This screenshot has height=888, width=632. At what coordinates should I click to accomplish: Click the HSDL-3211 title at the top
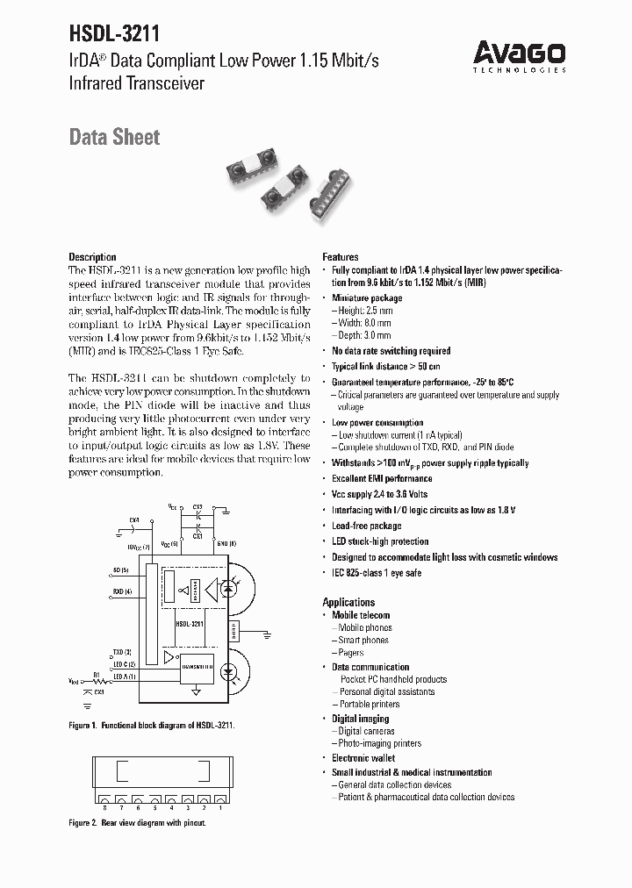click(x=114, y=34)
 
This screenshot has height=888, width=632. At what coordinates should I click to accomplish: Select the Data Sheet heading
click(x=114, y=137)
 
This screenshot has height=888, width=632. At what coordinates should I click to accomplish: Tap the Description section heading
click(x=92, y=257)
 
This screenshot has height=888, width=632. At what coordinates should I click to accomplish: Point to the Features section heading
click(x=341, y=257)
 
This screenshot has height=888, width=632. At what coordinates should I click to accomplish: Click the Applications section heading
click(x=348, y=602)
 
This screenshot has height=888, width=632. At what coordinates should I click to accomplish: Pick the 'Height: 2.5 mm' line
click(x=362, y=311)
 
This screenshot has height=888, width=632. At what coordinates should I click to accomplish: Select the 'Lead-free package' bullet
click(x=366, y=526)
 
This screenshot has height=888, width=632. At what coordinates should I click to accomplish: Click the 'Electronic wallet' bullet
click(x=363, y=758)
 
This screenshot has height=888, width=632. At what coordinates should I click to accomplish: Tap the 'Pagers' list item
click(x=351, y=653)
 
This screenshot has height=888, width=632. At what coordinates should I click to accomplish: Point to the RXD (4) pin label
click(x=122, y=591)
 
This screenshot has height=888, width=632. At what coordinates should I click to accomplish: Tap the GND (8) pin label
click(x=226, y=544)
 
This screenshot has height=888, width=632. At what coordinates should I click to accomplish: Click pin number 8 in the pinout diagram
click(x=104, y=806)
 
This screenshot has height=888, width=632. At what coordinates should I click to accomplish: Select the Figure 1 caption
click(x=152, y=727)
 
